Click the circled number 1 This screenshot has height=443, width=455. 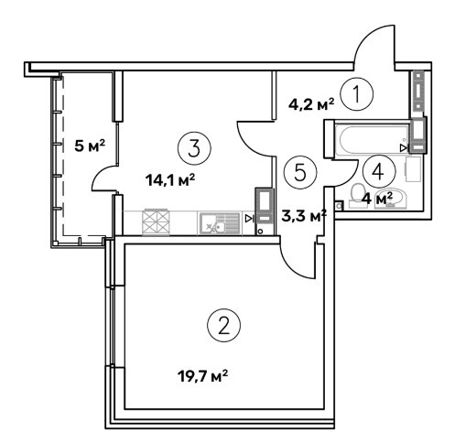356,93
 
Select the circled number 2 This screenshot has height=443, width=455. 223,325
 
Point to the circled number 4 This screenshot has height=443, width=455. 379,172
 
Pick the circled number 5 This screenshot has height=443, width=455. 300,172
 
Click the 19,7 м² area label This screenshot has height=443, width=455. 202,376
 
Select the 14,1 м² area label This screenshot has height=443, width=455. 170,180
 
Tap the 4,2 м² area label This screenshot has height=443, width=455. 311,104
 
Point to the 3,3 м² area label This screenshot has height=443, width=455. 304,216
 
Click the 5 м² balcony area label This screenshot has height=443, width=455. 90,146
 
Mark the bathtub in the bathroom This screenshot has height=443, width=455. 373,138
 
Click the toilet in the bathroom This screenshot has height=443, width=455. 356,196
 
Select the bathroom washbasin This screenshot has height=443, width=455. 391,200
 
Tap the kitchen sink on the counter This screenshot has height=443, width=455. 220,223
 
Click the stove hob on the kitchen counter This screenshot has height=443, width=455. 156,222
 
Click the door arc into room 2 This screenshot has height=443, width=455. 292,266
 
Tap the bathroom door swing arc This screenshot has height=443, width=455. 351,179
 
